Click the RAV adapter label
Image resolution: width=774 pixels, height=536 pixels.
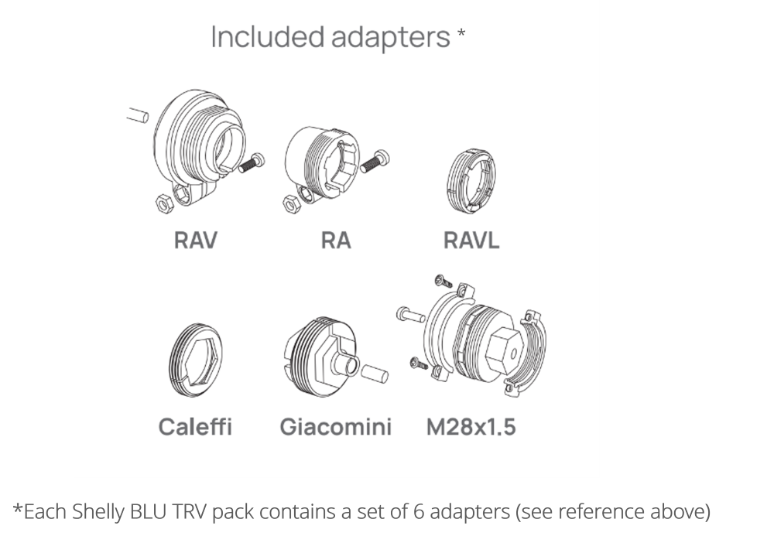pyautogui.click(x=195, y=240)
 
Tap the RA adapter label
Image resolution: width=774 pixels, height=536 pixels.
pyautogui.click(x=335, y=240)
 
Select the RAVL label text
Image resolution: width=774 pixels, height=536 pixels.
pyautogui.click(x=471, y=240)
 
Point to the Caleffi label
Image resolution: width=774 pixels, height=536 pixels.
pyautogui.click(x=195, y=426)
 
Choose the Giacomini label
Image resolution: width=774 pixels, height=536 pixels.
pyautogui.click(x=335, y=426)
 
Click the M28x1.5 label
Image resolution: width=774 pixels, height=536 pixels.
pyautogui.click(x=471, y=426)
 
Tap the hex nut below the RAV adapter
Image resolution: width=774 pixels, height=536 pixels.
pyautogui.click(x=163, y=203)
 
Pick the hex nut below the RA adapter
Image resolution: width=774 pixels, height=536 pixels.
pyautogui.click(x=288, y=203)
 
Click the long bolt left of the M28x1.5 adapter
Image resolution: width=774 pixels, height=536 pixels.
pyautogui.click(x=409, y=315)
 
